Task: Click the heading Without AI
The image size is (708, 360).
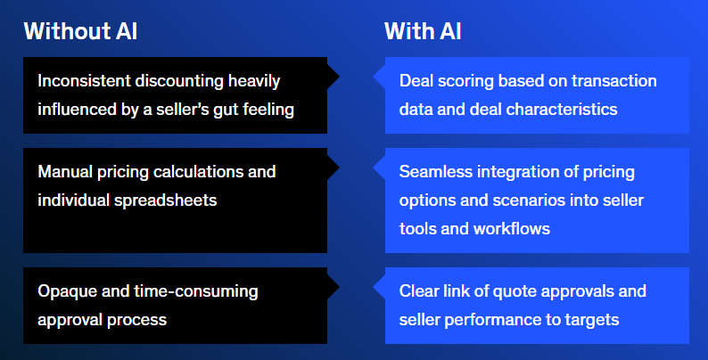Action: (x=80, y=31)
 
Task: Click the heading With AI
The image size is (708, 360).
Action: (x=423, y=31)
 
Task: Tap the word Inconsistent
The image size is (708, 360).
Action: (x=85, y=81)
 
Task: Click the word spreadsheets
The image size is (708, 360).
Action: (x=165, y=200)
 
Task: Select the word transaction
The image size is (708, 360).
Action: (x=613, y=81)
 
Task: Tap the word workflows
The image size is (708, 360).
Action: (x=512, y=229)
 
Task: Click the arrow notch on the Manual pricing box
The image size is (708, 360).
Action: (x=333, y=168)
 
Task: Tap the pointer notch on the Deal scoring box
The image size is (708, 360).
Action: (x=379, y=77)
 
